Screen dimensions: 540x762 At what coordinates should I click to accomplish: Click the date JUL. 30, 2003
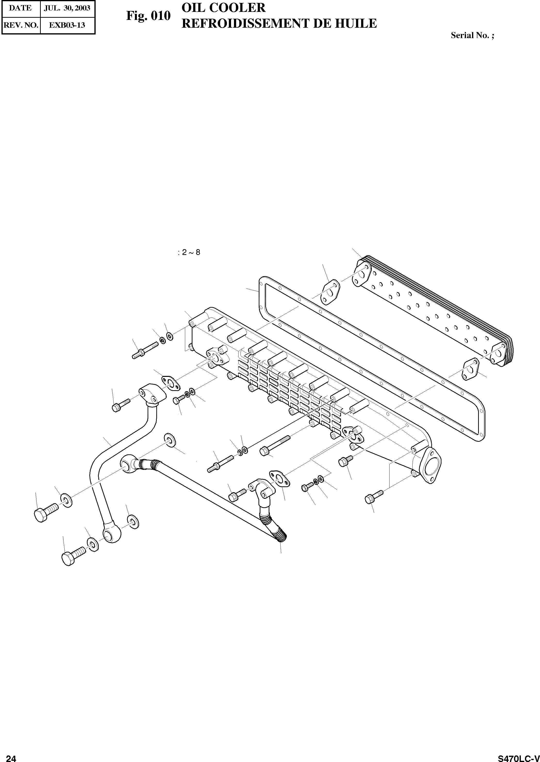67,8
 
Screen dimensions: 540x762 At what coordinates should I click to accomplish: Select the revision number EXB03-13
67,25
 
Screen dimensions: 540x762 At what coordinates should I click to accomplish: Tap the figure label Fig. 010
148,16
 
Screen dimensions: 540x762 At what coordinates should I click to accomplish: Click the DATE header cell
20,8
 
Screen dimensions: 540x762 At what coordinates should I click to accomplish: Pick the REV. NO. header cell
21,25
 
